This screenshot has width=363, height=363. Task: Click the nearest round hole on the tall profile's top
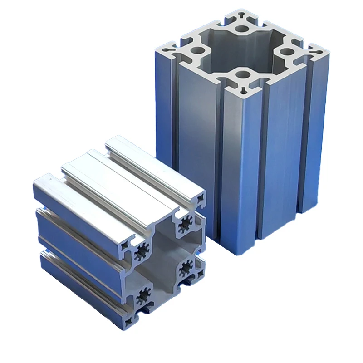[x=243, y=74]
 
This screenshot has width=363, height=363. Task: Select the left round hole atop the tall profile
[x=198, y=51]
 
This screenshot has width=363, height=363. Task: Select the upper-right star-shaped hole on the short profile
[x=185, y=223]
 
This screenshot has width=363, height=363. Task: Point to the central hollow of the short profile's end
[x=164, y=261]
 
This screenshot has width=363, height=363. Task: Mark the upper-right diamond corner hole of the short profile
[x=200, y=198]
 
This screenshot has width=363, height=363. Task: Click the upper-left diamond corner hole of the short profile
[x=124, y=248]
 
